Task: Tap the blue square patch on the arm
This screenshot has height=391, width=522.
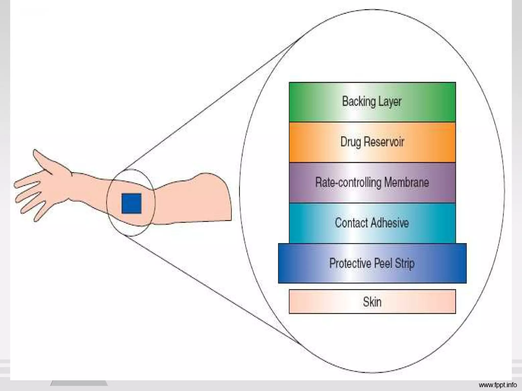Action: (x=131, y=203)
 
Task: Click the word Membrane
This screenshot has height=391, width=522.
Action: (x=406, y=182)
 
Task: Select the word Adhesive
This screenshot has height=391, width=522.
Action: (x=390, y=223)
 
